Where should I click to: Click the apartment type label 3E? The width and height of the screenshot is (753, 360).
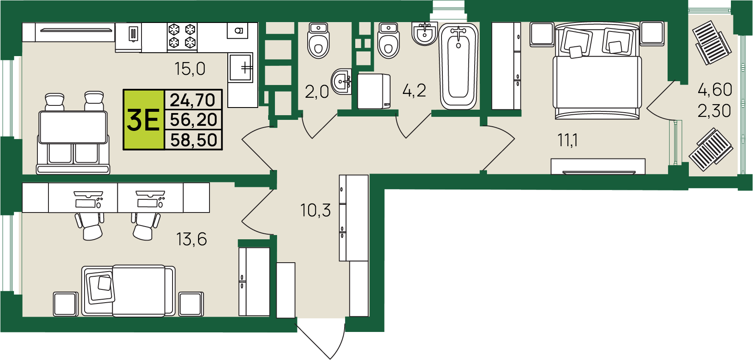[143, 120]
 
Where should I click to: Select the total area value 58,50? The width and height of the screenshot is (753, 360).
[194, 140]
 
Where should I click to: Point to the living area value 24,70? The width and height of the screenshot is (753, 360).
[193, 100]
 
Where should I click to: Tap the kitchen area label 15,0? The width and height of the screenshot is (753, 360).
[190, 68]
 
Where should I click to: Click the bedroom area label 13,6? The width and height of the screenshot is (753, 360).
[192, 239]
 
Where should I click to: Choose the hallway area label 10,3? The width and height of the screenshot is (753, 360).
[315, 210]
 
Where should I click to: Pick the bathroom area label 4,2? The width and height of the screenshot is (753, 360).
[414, 90]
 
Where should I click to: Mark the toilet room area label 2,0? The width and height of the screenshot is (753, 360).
[317, 91]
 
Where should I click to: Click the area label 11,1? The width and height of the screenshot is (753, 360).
[568, 140]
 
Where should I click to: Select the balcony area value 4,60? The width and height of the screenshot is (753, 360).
[715, 90]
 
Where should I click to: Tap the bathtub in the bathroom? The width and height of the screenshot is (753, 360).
[459, 66]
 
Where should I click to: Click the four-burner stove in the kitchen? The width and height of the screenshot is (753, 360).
[182, 36]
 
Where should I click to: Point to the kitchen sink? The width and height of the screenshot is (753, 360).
[241, 67]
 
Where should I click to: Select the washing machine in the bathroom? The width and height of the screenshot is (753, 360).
[374, 91]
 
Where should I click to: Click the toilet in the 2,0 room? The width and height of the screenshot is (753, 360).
[319, 40]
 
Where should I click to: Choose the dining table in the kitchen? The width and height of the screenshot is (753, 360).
[73, 127]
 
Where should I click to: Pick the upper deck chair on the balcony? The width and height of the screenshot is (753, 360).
[712, 43]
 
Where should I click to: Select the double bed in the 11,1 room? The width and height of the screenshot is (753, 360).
[597, 71]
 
